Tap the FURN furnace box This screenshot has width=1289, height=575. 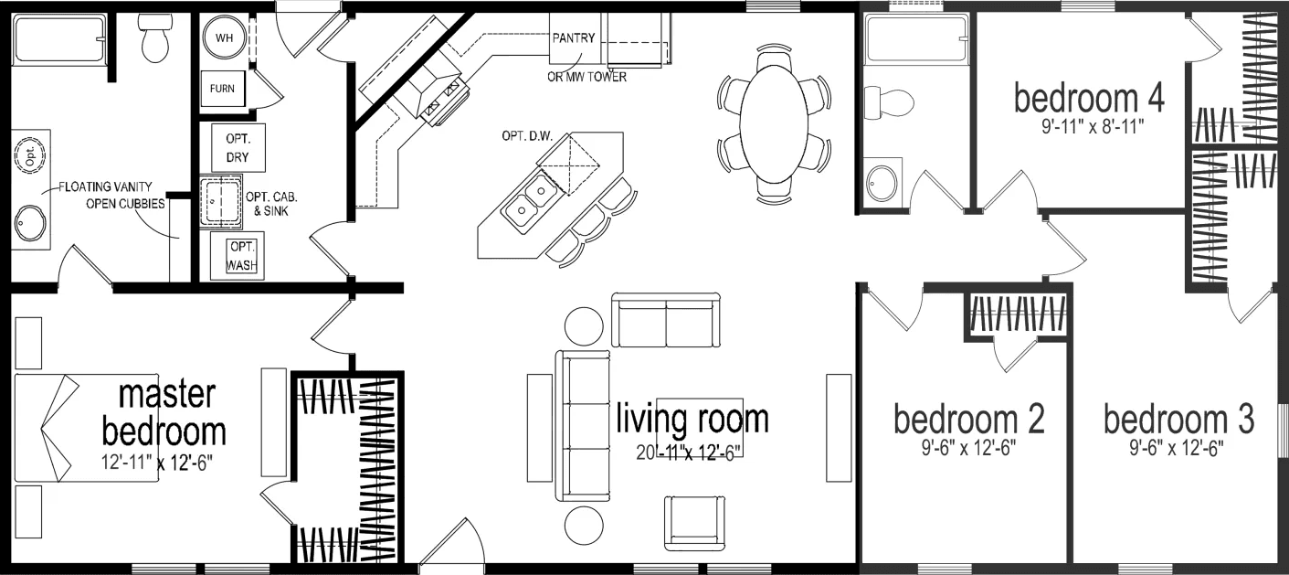pyautogui.click(x=222, y=89)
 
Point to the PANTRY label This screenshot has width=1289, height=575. pyautogui.click(x=574, y=38)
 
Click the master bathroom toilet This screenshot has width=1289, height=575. pyautogui.click(x=153, y=39)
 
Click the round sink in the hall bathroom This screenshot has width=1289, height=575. pyautogui.click(x=881, y=183)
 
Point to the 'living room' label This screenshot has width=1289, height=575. pyautogui.click(x=692, y=419)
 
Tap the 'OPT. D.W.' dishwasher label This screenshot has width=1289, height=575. pyautogui.click(x=527, y=136)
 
